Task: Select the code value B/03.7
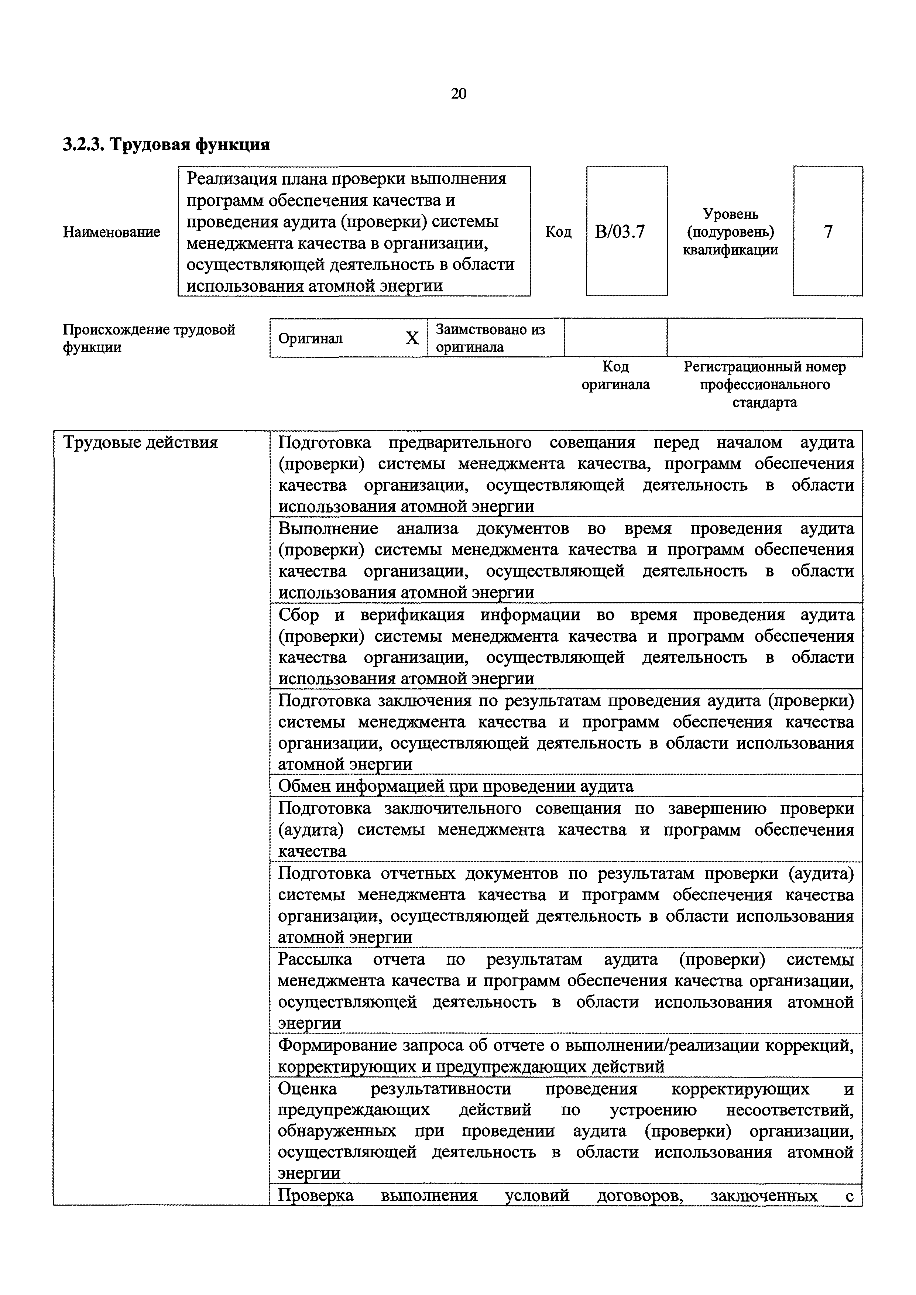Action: point(620,232)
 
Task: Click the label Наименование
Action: point(112,232)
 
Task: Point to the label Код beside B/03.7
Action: point(558,232)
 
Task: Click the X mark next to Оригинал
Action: point(412,338)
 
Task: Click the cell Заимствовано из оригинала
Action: point(491,338)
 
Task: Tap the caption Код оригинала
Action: point(615,376)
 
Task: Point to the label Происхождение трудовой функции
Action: point(149,338)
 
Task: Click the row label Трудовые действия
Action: point(140,442)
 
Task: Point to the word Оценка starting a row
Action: point(308,1089)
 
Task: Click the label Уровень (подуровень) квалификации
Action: point(730,232)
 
